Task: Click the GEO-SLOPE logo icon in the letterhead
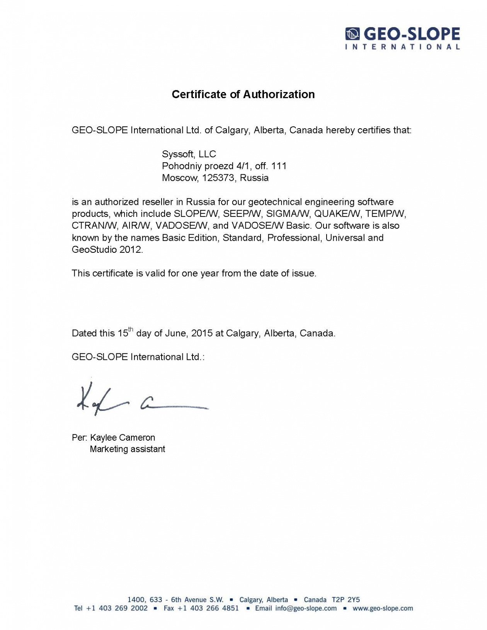[x=352, y=34]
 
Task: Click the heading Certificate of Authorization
[x=243, y=94]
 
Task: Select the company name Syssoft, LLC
[x=189, y=154]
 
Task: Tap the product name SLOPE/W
[x=196, y=214]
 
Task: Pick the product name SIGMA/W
[x=288, y=214]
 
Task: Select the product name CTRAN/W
[x=94, y=226]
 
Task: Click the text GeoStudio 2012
[x=107, y=250]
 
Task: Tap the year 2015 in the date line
[x=202, y=333]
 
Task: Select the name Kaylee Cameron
[x=123, y=438]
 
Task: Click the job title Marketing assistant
[x=127, y=449]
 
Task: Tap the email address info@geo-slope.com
[x=306, y=608]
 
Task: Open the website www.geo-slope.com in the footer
[x=383, y=608]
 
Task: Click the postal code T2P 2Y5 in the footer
[x=346, y=600]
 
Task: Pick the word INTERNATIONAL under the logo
[x=402, y=47]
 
